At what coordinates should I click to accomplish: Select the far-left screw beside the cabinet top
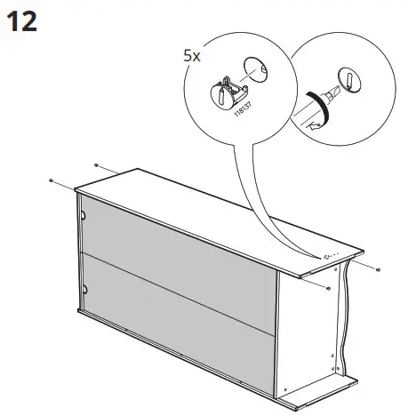tap(52, 180)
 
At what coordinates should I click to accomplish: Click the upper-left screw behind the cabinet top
tap(96, 165)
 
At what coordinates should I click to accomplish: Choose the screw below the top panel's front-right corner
tap(329, 289)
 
